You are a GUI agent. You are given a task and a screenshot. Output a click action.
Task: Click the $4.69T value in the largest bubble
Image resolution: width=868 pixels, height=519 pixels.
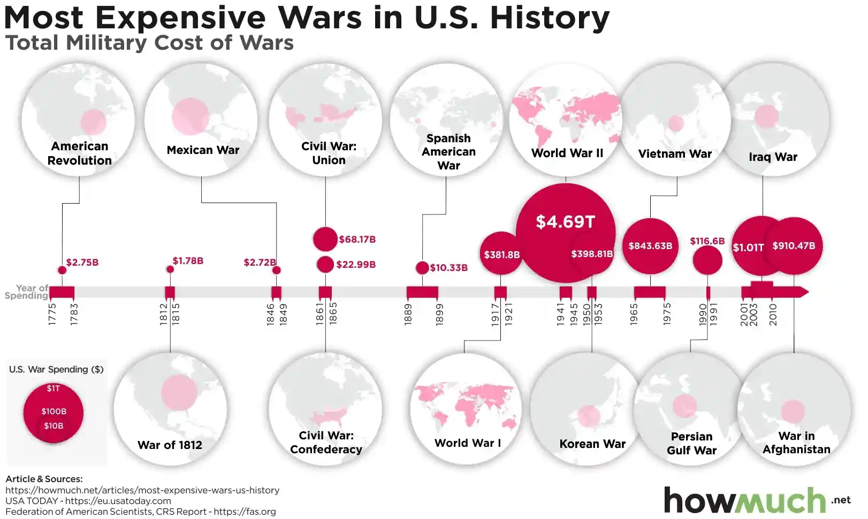click(565, 222)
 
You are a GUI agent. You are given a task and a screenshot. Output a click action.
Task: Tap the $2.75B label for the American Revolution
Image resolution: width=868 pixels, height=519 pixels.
click(82, 262)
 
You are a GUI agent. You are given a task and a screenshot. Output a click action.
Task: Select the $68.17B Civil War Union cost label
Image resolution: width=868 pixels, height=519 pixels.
click(357, 239)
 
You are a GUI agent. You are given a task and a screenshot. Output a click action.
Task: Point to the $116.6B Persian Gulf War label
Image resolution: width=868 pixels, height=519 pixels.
click(707, 241)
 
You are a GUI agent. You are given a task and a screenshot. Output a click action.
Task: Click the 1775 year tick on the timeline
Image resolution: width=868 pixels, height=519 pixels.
click(52, 314)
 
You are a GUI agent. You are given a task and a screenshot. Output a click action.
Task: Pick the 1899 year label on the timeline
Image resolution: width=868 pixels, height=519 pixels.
click(439, 314)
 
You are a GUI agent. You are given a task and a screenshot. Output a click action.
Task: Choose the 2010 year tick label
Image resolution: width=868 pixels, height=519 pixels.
click(773, 315)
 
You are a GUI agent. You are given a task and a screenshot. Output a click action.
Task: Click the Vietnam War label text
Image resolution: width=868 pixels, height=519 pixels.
click(675, 154)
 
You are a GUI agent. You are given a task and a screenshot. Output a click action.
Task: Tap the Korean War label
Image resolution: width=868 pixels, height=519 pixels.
click(592, 444)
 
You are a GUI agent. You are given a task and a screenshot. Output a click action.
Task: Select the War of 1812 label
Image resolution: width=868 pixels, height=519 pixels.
click(170, 445)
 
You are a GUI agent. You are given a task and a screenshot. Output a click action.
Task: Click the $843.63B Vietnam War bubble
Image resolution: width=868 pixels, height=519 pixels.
click(650, 246)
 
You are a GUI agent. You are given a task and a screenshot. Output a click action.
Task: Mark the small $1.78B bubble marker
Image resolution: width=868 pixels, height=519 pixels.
click(170, 269)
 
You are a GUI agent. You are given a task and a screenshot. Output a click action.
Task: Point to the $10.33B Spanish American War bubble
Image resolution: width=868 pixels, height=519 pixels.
click(422, 268)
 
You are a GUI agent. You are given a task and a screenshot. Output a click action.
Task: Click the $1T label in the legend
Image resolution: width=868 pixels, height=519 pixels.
click(53, 389)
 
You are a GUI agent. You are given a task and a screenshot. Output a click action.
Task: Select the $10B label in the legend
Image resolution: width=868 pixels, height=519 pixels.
click(54, 426)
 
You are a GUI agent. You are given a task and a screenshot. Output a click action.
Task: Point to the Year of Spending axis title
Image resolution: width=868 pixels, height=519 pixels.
click(27, 292)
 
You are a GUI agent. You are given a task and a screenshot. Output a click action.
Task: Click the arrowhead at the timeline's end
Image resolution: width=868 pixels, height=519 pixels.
click(803, 292)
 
